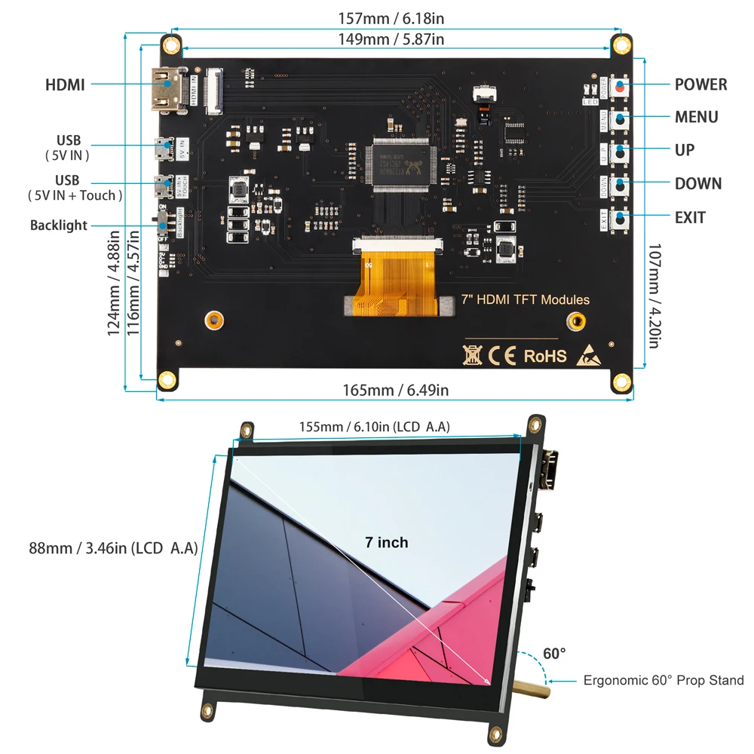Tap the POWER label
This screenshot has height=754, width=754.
coord(700,84)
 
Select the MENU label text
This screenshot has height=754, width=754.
coord(696,117)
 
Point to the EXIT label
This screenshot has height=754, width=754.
coord(690,218)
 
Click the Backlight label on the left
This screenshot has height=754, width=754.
coord(59,225)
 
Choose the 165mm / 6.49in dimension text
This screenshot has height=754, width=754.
coord(396,390)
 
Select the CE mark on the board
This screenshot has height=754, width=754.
coord(502,355)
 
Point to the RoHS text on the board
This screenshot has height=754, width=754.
coord(544,355)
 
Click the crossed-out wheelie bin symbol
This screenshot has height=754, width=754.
coord(473,354)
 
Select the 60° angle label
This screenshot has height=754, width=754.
coord(553,654)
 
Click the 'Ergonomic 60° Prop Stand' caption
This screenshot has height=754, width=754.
coord(664,681)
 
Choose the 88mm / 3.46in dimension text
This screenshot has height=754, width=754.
coord(113,548)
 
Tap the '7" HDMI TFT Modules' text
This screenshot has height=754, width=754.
coord(525,300)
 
